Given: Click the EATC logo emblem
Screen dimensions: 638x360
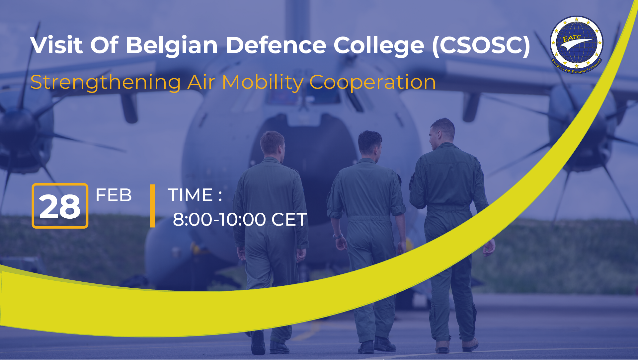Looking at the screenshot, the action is coord(577,44).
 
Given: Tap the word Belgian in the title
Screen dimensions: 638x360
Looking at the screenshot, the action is coord(172,45).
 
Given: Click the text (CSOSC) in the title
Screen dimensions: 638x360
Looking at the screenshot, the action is coord(481,45).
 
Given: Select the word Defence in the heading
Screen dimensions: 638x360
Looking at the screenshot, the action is coord(276,45).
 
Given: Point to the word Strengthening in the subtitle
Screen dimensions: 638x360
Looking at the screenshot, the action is coord(106,83).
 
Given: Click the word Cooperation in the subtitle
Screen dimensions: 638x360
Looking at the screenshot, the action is coord(372,82).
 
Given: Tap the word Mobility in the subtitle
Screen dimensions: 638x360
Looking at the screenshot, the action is coord(263,82).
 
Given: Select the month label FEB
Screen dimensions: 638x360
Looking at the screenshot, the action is coord(114,195).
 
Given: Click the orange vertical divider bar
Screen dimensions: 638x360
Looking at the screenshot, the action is coord(152,206).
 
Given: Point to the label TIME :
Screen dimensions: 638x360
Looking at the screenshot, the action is coord(195,195).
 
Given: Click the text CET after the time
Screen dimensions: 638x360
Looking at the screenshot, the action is coord(289,220).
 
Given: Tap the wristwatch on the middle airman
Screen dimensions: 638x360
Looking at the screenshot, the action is coord(338,236).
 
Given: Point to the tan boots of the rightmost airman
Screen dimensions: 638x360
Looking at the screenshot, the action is coord(456,345).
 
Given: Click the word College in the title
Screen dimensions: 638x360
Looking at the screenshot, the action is coord(379,46).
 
